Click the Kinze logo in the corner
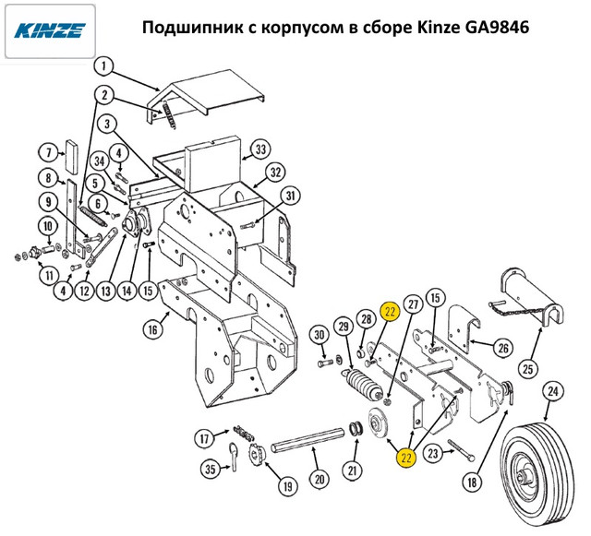pos(50,30)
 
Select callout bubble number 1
pos(104,66)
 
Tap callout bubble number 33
pos(260,149)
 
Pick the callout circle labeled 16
pos(152,330)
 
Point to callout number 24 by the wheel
pos(552,392)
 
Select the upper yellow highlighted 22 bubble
pos(390,312)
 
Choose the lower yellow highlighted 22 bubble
pos(406,458)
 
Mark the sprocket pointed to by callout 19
pos(259,452)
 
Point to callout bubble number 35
pos(210,469)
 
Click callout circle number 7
pos(49,153)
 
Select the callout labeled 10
pos(48,226)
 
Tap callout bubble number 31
pos(290,197)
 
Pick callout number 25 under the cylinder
pos(527,369)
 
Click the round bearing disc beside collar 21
pos(379,423)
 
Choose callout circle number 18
pos(472,482)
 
